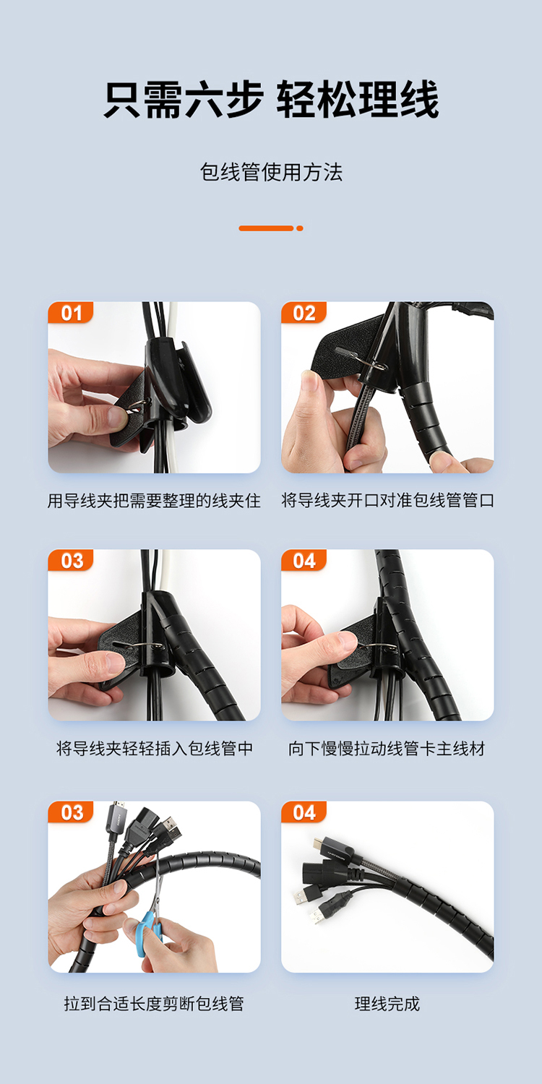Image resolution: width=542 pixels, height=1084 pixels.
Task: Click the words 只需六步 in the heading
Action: pyautogui.click(x=184, y=100)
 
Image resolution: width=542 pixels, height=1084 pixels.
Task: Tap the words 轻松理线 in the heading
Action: pyautogui.click(x=358, y=100)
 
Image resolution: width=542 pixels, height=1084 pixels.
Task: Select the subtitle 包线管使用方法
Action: pyautogui.click(x=271, y=172)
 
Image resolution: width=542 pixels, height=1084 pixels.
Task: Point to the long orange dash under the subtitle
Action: pyautogui.click(x=266, y=228)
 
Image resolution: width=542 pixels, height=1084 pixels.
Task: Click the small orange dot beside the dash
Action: pyautogui.click(x=300, y=228)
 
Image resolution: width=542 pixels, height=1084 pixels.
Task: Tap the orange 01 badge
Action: pyautogui.click(x=71, y=313)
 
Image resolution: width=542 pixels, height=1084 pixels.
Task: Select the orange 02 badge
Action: pyautogui.click(x=304, y=313)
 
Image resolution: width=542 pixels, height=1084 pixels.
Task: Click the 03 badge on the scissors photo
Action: pyautogui.click(x=71, y=812)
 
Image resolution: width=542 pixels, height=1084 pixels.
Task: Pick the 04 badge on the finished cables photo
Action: pyautogui.click(x=304, y=812)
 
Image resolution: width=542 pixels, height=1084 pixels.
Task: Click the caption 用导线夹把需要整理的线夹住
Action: pyautogui.click(x=154, y=500)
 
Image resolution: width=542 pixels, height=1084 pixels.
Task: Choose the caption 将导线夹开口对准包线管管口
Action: pyautogui.click(x=387, y=500)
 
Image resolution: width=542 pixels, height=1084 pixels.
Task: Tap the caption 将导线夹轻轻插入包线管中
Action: pyautogui.click(x=155, y=748)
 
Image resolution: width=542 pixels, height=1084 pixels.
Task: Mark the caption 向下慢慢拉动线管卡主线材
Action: pyautogui.click(x=387, y=748)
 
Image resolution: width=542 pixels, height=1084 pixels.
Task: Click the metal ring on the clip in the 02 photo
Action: pyautogui.click(x=374, y=362)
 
